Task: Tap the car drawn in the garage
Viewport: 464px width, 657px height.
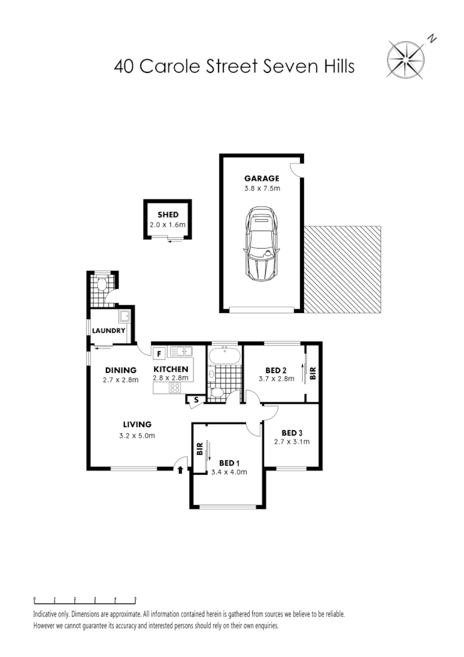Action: click(263, 242)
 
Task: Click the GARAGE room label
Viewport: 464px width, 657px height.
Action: click(261, 179)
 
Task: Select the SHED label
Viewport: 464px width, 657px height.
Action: click(168, 215)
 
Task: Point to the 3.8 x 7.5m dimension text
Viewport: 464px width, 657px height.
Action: click(262, 189)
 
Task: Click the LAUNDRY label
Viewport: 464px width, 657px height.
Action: click(109, 330)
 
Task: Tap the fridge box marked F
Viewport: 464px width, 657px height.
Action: click(159, 354)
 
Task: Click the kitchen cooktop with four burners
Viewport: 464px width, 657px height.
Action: click(175, 388)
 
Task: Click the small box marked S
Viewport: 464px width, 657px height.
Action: click(196, 399)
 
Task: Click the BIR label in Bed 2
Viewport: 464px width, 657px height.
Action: click(313, 373)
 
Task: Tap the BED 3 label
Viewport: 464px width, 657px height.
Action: click(292, 433)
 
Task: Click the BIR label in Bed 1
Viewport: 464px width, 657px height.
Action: click(199, 449)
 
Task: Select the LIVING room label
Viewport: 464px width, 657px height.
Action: click(137, 425)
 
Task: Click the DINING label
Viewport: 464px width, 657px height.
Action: click(120, 370)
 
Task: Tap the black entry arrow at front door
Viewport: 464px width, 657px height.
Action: click(180, 470)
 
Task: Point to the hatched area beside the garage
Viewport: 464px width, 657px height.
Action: click(342, 269)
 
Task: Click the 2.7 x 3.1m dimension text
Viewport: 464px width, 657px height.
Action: click(292, 442)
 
